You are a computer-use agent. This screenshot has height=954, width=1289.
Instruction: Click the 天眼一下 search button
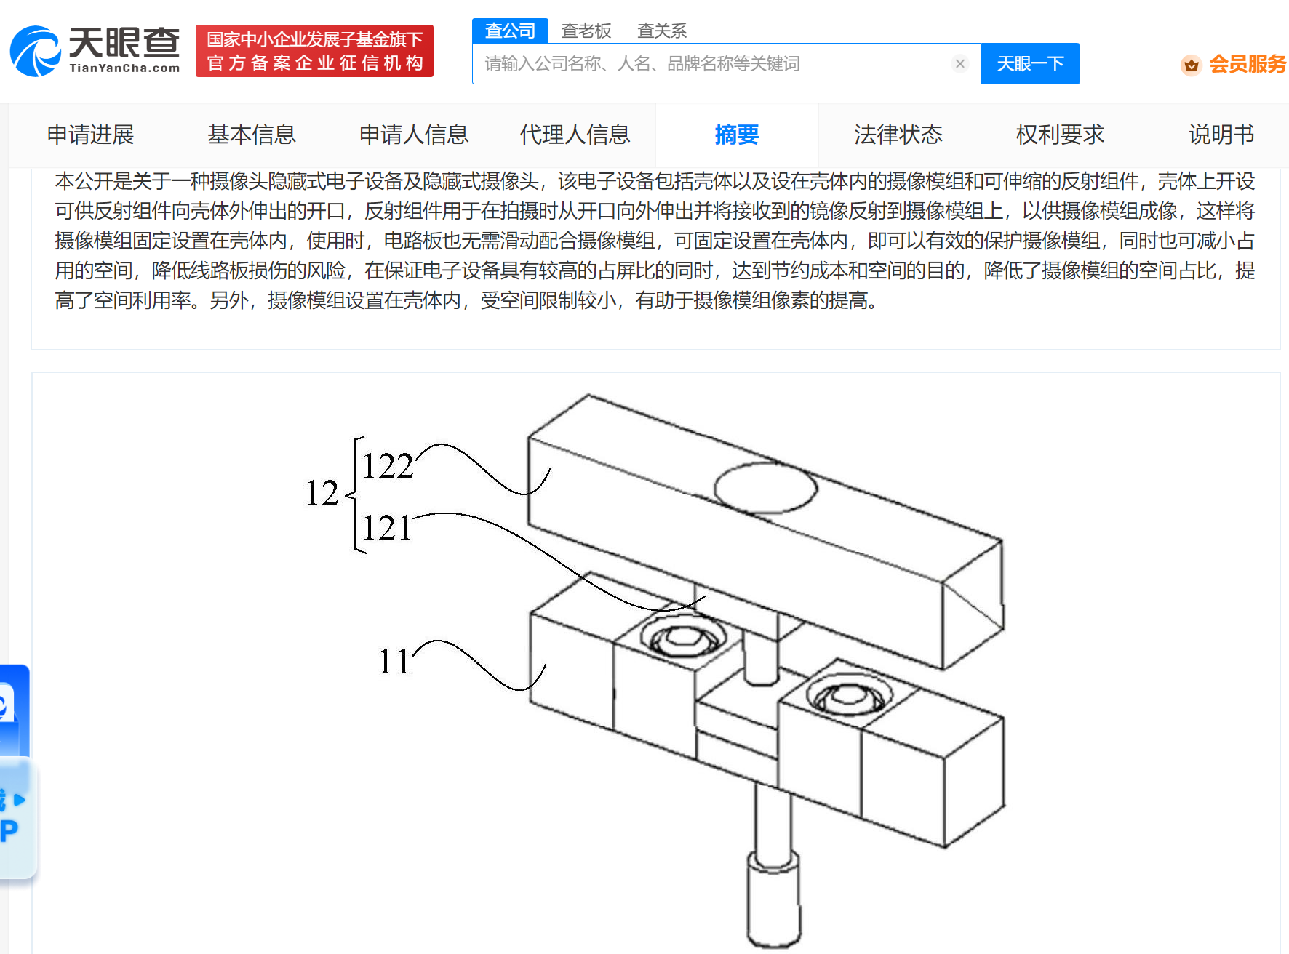[x=1029, y=64]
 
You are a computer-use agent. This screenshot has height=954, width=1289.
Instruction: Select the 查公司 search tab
[x=510, y=31]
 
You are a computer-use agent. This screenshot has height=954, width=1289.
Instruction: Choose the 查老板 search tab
[x=586, y=31]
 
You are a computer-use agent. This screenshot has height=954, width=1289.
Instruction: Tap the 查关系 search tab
[x=661, y=31]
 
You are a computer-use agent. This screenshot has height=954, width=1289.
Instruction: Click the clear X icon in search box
[x=959, y=64]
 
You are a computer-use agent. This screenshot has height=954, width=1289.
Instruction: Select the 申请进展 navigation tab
[x=91, y=135]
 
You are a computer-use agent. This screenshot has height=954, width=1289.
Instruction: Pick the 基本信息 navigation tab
[x=252, y=135]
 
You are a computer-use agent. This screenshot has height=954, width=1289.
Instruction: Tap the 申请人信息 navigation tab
[x=413, y=135]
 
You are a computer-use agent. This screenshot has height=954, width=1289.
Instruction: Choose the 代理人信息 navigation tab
[x=575, y=135]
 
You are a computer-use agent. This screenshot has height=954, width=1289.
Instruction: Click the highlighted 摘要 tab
[x=736, y=135]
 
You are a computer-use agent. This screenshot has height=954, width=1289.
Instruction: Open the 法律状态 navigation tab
[x=898, y=135]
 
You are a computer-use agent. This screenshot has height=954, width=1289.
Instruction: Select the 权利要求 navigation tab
[x=1060, y=135]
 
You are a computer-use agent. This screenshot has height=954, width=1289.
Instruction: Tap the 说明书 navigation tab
[x=1221, y=135]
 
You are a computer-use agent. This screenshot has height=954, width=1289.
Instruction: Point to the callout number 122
[x=388, y=466]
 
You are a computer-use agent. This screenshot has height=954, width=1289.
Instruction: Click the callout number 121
[x=386, y=528]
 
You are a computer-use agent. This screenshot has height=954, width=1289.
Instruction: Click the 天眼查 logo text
[x=124, y=44]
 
